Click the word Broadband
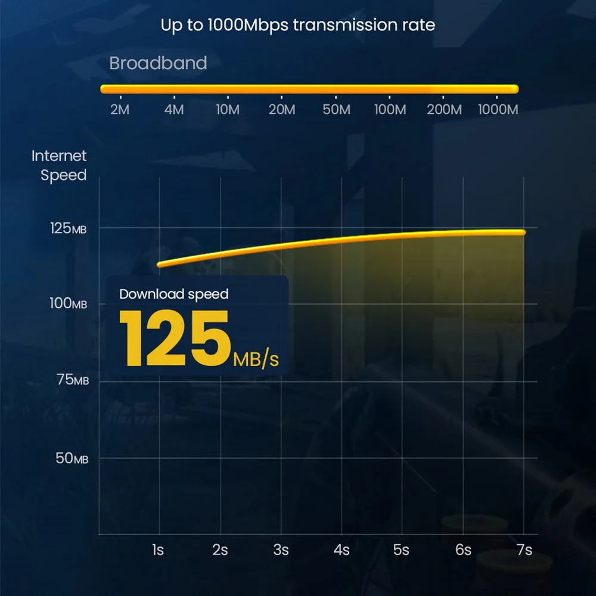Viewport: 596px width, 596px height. [158, 63]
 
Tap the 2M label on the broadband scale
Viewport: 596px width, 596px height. [120, 110]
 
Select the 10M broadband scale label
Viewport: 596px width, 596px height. [228, 110]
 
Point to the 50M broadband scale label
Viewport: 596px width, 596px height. [336, 110]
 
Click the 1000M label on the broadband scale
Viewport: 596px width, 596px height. [498, 110]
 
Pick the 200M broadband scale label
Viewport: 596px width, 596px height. [445, 110]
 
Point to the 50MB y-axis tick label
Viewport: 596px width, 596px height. [73, 458]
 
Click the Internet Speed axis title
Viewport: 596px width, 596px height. [59, 166]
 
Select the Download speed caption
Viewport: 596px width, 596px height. [173, 294]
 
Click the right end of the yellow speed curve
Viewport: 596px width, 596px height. [523, 232]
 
